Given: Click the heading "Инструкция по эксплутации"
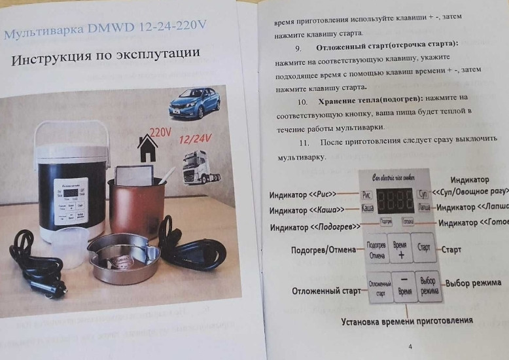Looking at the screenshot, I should click(105, 60).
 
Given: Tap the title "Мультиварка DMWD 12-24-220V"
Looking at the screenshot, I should click(105, 30).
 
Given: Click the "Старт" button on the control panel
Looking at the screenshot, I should click(424, 249).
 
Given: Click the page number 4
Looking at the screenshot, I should click(410, 347).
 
